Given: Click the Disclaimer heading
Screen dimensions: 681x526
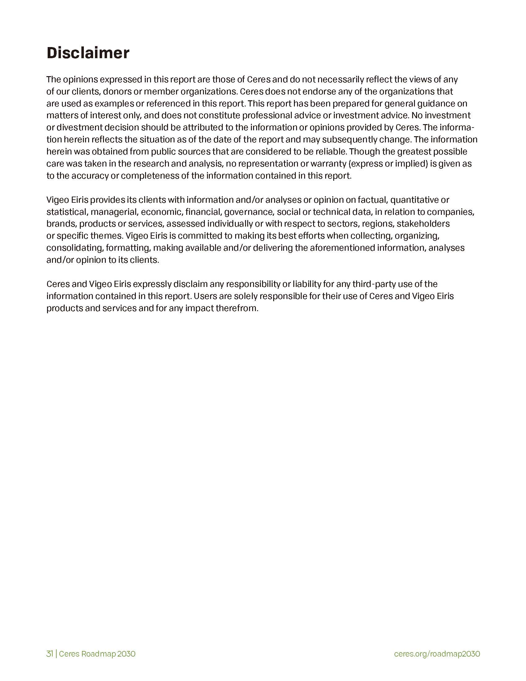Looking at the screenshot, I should pos(88,53).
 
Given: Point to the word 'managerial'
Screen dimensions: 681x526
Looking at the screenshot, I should pos(114,212).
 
